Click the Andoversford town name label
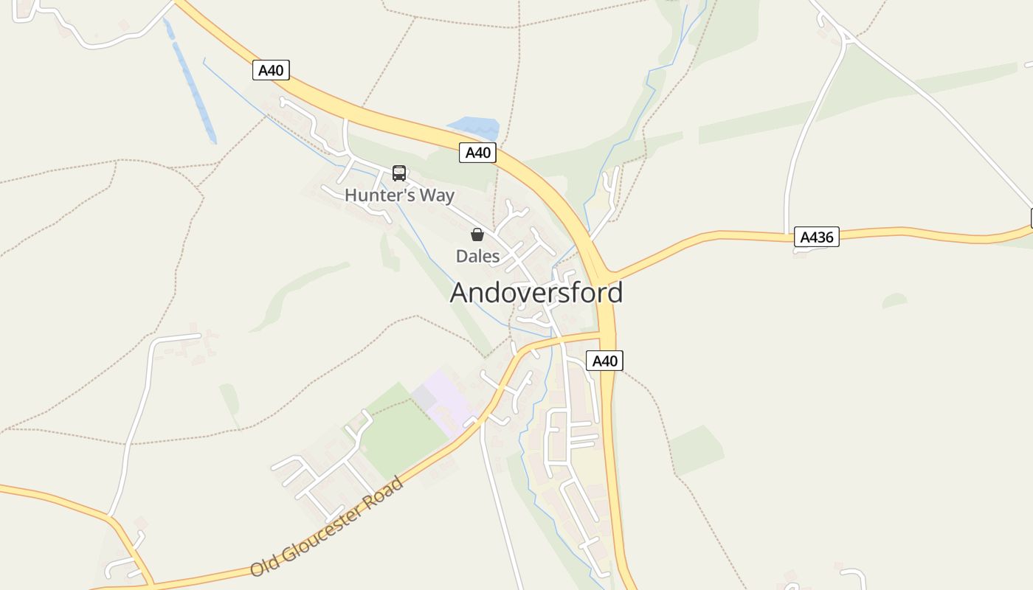[536, 293]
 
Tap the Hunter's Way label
[399, 195]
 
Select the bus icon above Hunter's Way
[399, 173]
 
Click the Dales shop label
[477, 257]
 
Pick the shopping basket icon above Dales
[477, 235]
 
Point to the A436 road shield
[817, 237]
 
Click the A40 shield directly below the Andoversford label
[604, 361]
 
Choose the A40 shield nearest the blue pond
[477, 153]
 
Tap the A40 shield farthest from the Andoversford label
[271, 70]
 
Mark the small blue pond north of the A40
[473, 127]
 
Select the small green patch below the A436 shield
[894, 300]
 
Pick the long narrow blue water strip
[193, 88]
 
